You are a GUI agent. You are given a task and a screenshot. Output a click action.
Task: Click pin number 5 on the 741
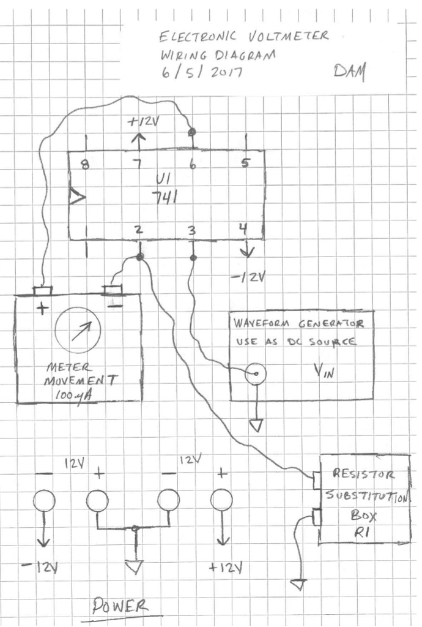point(245,163)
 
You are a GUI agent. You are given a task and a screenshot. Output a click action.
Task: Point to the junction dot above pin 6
point(192,132)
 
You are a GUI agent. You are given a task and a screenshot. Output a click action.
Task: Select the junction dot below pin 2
point(140,258)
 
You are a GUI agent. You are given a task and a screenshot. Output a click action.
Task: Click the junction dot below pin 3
point(193,257)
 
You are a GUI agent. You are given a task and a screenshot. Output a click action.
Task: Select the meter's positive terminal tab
point(42,289)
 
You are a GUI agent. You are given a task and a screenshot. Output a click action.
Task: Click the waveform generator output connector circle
point(256,374)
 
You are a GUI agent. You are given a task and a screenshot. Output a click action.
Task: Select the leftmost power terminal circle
point(44,501)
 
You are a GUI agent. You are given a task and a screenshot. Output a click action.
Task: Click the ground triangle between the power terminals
point(135,567)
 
